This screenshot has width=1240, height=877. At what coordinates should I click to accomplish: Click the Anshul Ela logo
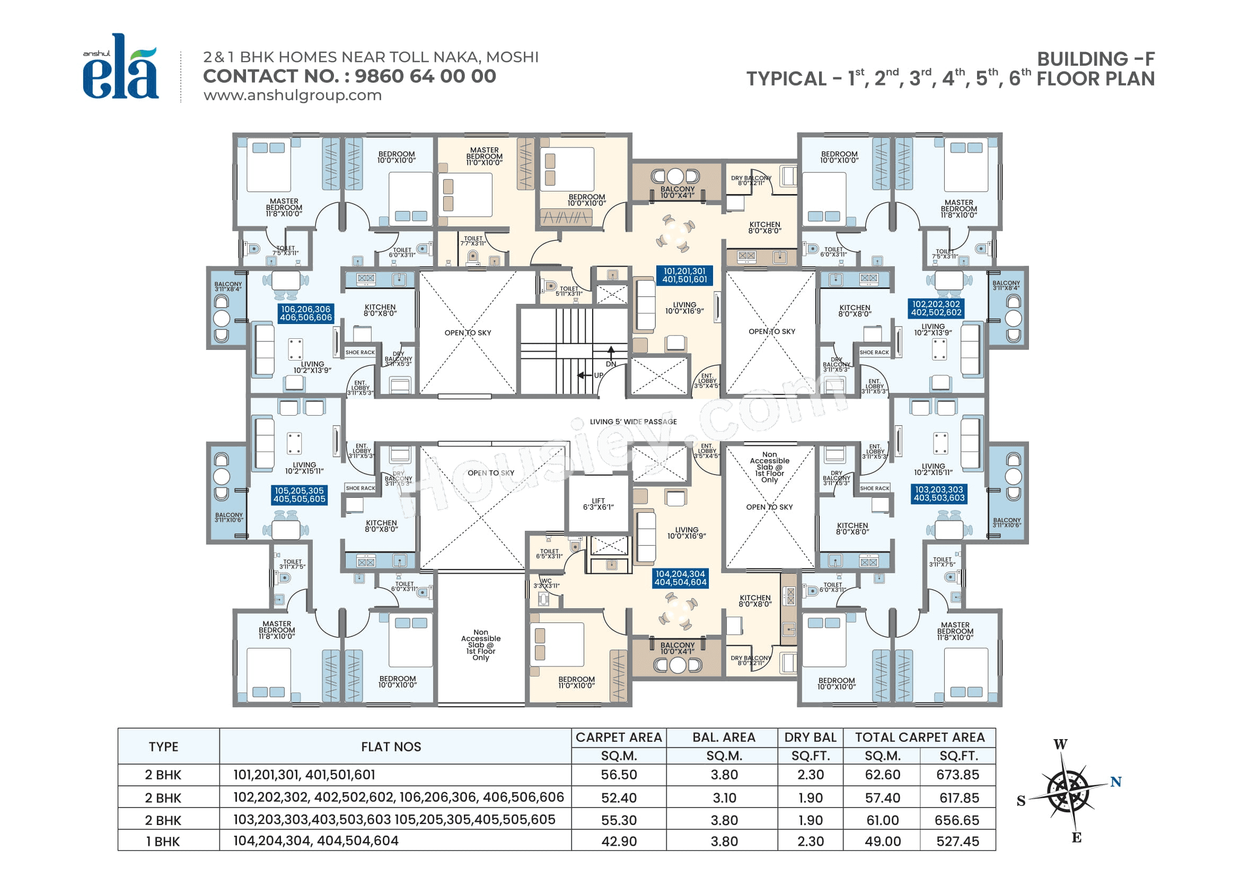pyautogui.click(x=120, y=67)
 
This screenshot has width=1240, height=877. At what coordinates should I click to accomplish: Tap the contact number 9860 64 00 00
pyautogui.click(x=425, y=76)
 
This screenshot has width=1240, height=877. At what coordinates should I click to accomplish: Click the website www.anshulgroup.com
pyautogui.click(x=292, y=95)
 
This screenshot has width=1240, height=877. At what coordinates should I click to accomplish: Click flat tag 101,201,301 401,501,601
pyautogui.click(x=684, y=275)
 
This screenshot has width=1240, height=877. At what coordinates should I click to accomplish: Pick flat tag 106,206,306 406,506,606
pyautogui.click(x=306, y=313)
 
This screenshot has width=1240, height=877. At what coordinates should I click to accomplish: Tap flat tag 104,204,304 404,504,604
pyautogui.click(x=680, y=578)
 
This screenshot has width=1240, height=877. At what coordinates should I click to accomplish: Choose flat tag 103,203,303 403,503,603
pyautogui.click(x=939, y=494)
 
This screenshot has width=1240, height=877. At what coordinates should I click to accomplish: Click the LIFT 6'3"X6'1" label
pyautogui.click(x=598, y=504)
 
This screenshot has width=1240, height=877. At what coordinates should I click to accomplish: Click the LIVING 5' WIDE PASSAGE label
pyautogui.click(x=633, y=422)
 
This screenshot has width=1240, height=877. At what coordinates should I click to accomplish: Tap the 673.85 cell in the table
pyautogui.click(x=957, y=775)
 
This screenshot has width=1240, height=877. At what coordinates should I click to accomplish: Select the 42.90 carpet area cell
pyautogui.click(x=619, y=841)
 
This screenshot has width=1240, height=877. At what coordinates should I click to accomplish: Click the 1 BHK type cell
pyautogui.click(x=163, y=841)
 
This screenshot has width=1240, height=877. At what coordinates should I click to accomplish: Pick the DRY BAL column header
pyautogui.click(x=810, y=737)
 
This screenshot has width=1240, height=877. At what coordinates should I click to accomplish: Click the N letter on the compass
pyautogui.click(x=1116, y=782)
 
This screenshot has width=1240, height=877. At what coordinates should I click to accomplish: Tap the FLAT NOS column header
pyautogui.click(x=391, y=747)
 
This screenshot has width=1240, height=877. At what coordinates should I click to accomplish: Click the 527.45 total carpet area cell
pyautogui.click(x=957, y=841)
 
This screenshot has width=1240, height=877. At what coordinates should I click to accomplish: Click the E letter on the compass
pyautogui.click(x=1076, y=838)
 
